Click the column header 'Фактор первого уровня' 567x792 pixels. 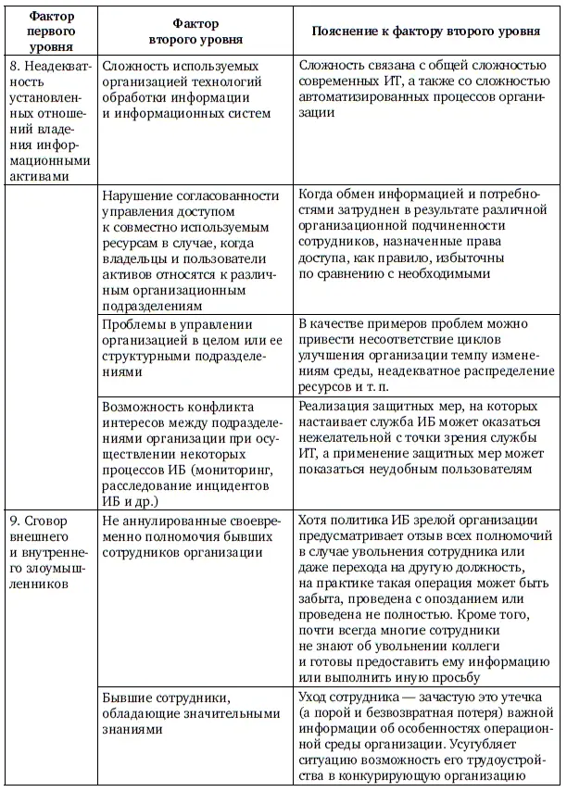tap(50, 30)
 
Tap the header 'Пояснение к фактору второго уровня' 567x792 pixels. tap(426, 31)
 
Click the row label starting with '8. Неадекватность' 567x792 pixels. tap(50, 120)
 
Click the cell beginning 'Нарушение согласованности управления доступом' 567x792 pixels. tap(192, 249)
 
